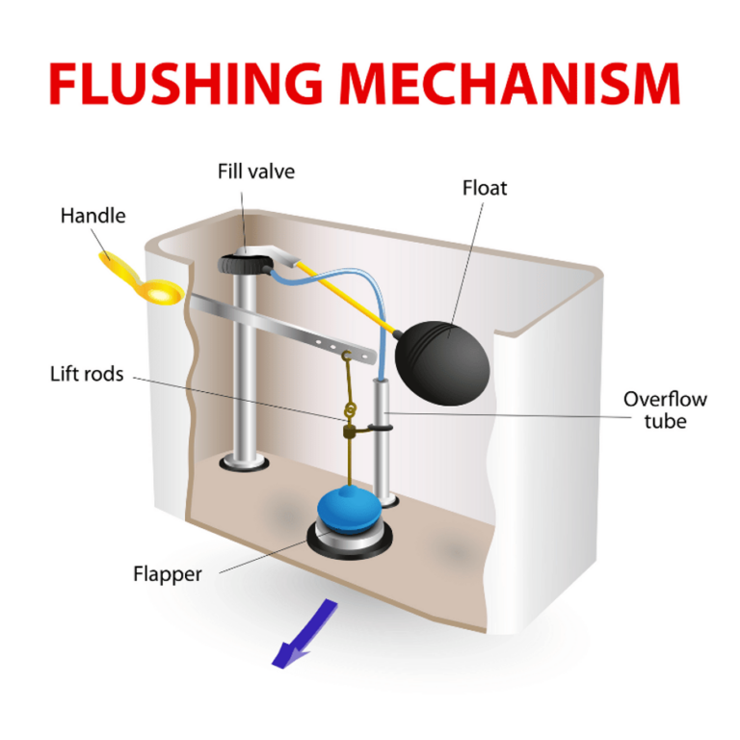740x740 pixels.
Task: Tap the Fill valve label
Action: click(255, 172)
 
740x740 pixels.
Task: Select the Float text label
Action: click(484, 187)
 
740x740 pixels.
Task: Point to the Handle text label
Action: click(92, 215)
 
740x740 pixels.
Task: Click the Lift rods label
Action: click(86, 373)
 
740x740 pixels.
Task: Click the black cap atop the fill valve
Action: click(241, 263)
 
